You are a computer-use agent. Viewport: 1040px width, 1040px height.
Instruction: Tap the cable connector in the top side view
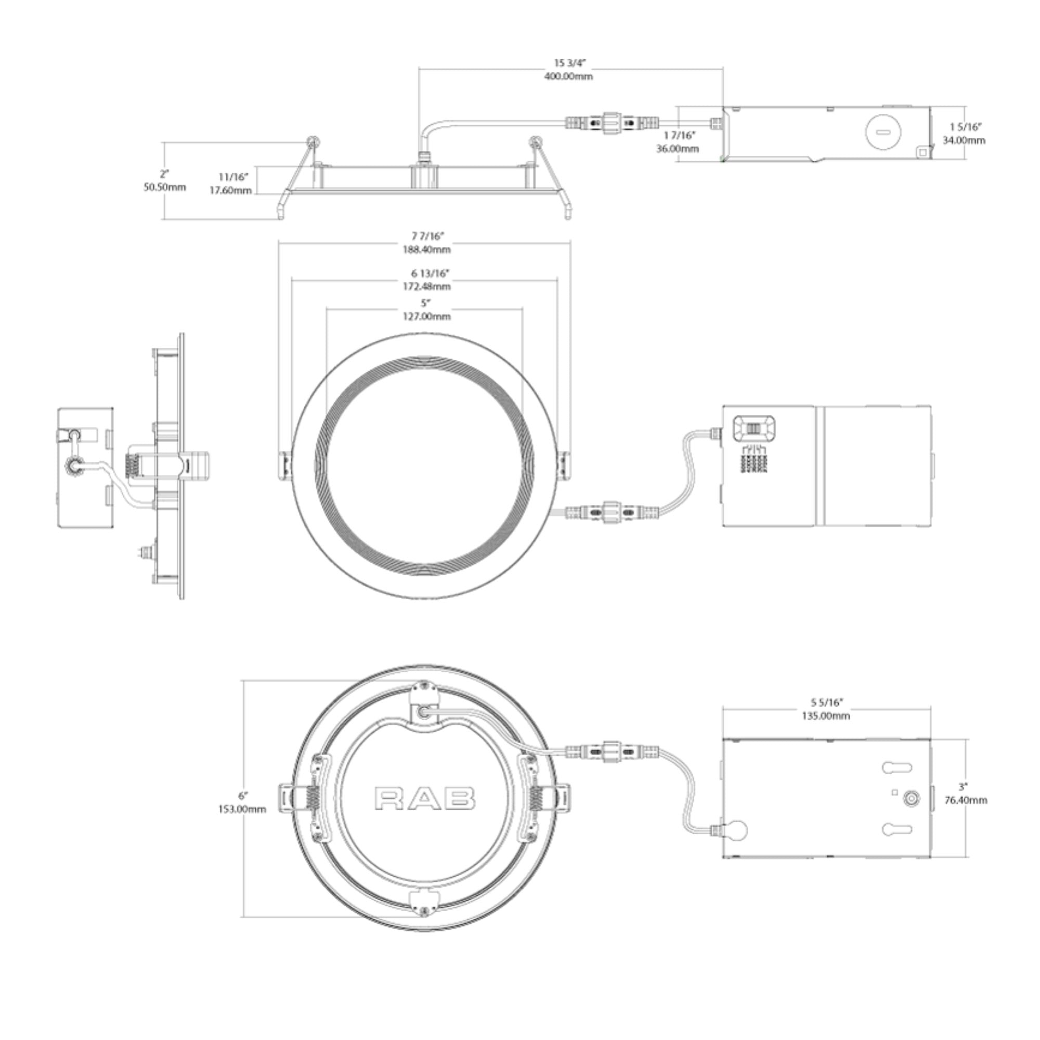coord(612,123)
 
